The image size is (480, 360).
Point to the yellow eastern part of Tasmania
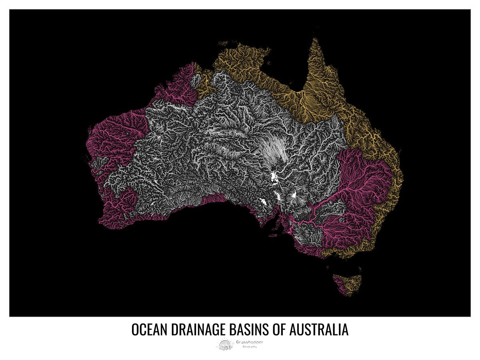352,282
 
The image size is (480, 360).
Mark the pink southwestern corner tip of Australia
105,222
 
